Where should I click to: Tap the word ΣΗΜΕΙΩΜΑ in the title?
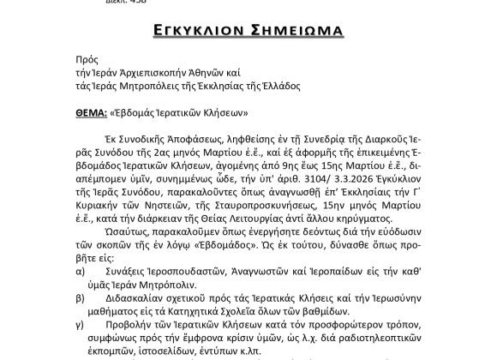click(x=299, y=32)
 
